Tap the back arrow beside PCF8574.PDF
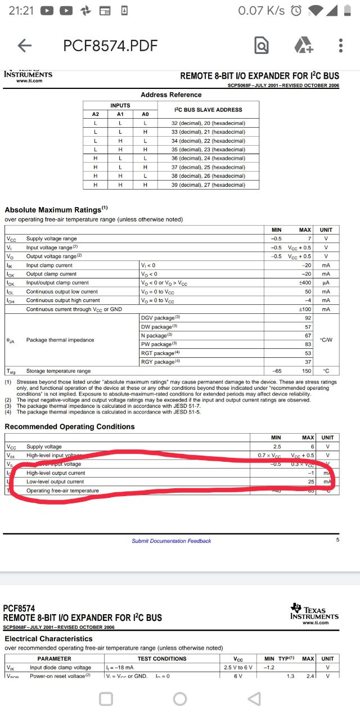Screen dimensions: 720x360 pyautogui.click(x=25, y=46)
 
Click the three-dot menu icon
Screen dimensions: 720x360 pyautogui.click(x=341, y=46)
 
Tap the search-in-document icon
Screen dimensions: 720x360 pyautogui.click(x=262, y=46)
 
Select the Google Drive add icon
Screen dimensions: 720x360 pyautogui.click(x=303, y=46)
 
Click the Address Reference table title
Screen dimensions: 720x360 pyautogui.click(x=171, y=94)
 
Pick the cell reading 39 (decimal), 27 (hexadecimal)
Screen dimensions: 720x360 pyautogui.click(x=208, y=184)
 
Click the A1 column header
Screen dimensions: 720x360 pyautogui.click(x=120, y=114)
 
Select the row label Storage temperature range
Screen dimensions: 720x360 pyautogui.click(x=58, y=371)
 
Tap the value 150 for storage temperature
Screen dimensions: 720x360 pyautogui.click(x=306, y=371)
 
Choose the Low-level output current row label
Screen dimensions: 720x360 pyautogui.click(x=55, y=481)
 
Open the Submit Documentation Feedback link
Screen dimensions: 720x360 pyautogui.click(x=172, y=541)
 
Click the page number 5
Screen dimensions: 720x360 pyautogui.click(x=337, y=540)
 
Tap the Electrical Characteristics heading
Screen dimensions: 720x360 pyautogui.click(x=48, y=638)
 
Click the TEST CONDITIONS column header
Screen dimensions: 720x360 pyautogui.click(x=162, y=658)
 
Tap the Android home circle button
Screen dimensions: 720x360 pyautogui.click(x=180, y=699)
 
